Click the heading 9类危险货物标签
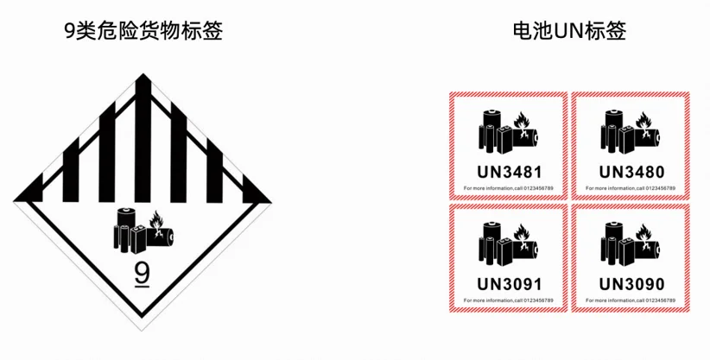coord(143,32)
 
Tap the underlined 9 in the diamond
coord(143,275)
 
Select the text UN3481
coord(508,168)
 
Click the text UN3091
coord(508,282)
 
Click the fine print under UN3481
coord(508,187)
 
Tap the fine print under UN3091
coord(508,300)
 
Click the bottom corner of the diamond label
coord(143,340)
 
